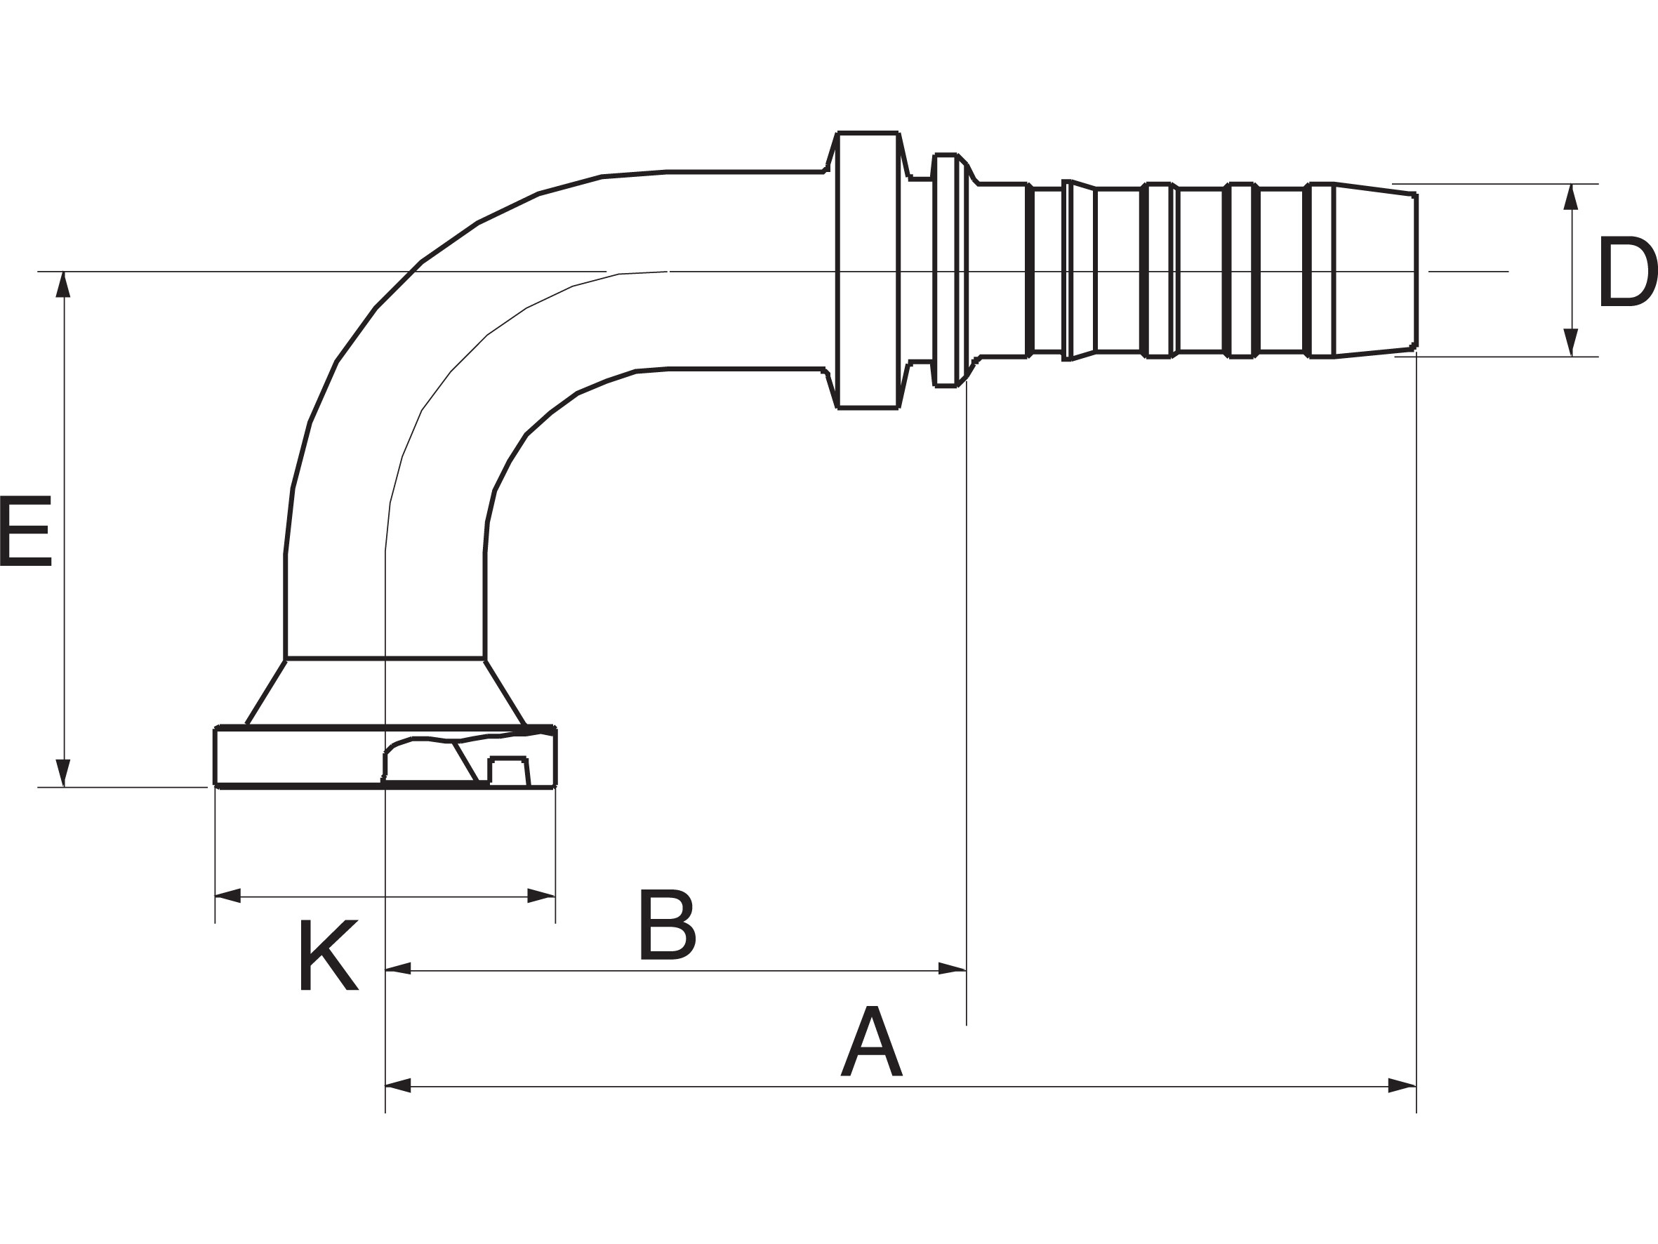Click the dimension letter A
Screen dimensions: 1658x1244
pyautogui.click(x=871, y=1042)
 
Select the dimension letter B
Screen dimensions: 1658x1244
pyautogui.click(x=668, y=925)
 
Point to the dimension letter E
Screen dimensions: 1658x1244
pyautogui.click(x=25, y=530)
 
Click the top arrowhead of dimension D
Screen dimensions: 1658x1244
pyautogui.click(x=1571, y=197)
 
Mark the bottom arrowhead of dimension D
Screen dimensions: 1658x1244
pyautogui.click(x=1571, y=343)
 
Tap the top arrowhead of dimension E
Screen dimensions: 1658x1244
pyautogui.click(x=64, y=284)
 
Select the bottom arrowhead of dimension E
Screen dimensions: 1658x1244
pyautogui.click(x=64, y=773)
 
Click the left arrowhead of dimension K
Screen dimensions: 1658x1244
pyautogui.click(x=228, y=895)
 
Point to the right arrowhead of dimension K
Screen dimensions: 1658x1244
pyautogui.click(x=541, y=895)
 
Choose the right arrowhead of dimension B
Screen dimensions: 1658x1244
pyautogui.click(x=952, y=968)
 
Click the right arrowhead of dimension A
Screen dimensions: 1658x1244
pyautogui.click(x=1402, y=1086)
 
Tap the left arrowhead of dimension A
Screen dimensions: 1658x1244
pyautogui.click(x=398, y=1086)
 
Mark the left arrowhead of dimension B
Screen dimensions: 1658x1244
pyautogui.click(x=398, y=968)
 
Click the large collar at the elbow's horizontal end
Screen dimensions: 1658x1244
pyautogui.click(x=868, y=270)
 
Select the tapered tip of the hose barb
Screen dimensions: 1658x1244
pyautogui.click(x=1374, y=270)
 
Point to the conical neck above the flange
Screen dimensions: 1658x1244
pyautogui.click(x=385, y=692)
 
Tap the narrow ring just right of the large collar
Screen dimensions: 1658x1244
pyautogui.click(x=946, y=270)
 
